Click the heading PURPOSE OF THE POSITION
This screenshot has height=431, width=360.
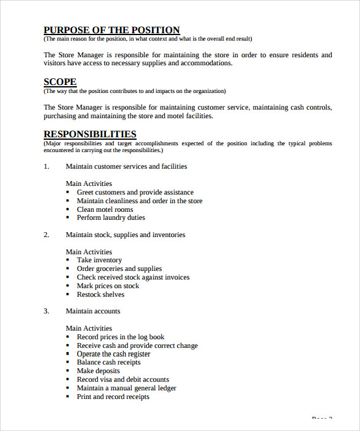[x=111, y=30]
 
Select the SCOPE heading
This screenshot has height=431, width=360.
[x=60, y=82]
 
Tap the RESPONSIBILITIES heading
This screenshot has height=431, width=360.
[x=90, y=134]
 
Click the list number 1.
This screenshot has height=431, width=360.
[x=46, y=166]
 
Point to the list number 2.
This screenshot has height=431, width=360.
[x=46, y=235]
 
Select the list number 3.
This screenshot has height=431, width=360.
[x=46, y=312]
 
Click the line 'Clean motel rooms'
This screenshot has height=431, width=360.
[x=105, y=209]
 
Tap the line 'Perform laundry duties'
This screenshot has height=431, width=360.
[x=111, y=218]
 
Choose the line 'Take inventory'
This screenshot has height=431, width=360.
[x=99, y=260]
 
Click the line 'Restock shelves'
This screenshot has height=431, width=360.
[x=100, y=295]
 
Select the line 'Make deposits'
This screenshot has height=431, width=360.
[x=98, y=371]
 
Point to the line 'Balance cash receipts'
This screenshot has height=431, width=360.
[x=108, y=363]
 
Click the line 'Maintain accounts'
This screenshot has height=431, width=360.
[x=93, y=312]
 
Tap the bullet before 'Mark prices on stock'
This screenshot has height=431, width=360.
[x=68, y=286]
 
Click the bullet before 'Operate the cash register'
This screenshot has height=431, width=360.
[x=68, y=354]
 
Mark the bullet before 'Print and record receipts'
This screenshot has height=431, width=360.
[x=68, y=397]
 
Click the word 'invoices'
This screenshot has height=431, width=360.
[x=177, y=278]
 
